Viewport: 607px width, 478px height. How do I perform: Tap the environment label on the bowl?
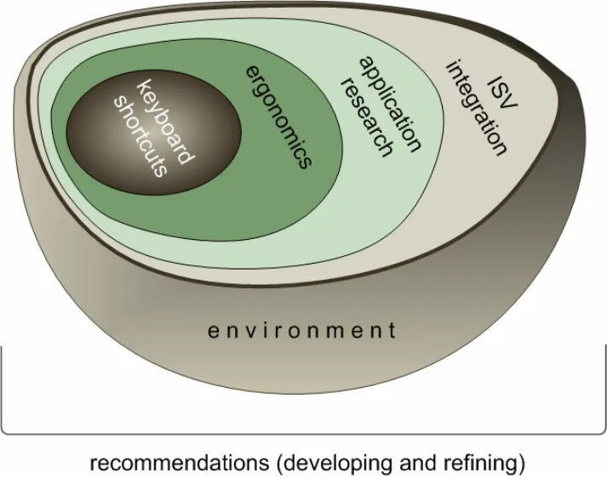(302, 330)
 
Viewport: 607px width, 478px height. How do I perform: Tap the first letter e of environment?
(213, 331)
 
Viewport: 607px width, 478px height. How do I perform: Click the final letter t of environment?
(392, 330)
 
